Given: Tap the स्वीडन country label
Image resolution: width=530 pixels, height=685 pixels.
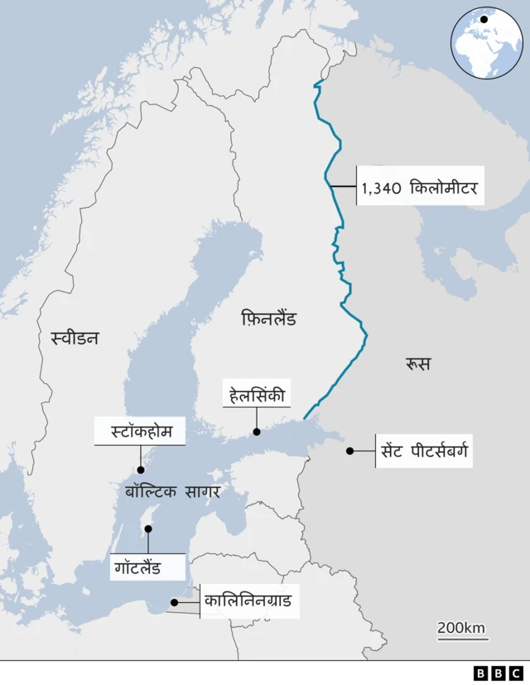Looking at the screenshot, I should click(x=75, y=337).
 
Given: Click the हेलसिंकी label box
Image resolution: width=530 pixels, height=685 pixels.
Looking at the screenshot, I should click(x=257, y=396).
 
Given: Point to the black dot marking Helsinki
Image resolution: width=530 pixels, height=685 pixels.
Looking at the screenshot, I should click(x=257, y=432).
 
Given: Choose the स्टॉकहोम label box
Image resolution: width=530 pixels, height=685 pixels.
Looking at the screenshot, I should click(x=140, y=432).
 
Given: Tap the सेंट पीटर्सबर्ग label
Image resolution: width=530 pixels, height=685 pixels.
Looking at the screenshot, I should click(x=425, y=451).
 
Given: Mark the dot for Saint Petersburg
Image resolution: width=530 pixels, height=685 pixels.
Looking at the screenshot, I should click(x=349, y=451).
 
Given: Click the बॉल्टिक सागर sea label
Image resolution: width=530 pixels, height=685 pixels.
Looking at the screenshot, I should click(x=172, y=491).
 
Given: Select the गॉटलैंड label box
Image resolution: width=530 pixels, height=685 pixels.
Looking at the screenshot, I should click(x=148, y=568).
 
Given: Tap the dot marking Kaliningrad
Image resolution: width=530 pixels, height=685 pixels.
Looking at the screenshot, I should click(x=174, y=603).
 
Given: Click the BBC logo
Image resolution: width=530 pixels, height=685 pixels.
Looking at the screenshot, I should click(x=498, y=673).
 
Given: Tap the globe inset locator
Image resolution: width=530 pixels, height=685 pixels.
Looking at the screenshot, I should click(x=487, y=43).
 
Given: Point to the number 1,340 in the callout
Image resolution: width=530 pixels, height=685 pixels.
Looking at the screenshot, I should click(x=381, y=189).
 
